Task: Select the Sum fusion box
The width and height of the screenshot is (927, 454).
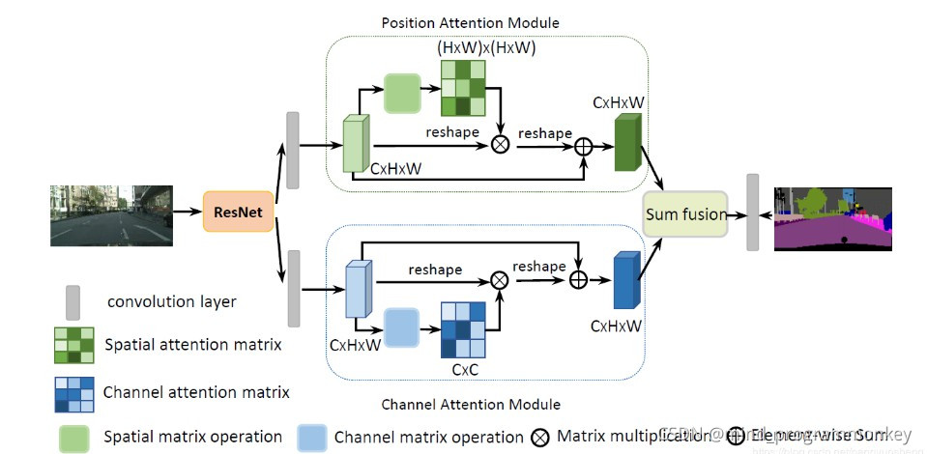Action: coord(685,213)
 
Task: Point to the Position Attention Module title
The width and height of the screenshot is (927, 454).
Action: coord(470,22)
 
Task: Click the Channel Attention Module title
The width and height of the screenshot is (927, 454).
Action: coord(470,405)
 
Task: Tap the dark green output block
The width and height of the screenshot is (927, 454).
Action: coord(627,143)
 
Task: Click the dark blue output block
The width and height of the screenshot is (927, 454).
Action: coord(625,279)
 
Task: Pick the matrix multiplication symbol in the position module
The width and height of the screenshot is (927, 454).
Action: coord(500,144)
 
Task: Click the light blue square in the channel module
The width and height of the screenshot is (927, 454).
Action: coord(400,328)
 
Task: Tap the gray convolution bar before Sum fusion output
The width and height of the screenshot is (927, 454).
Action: coord(753,213)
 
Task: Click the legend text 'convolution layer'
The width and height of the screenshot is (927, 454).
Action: coord(171,301)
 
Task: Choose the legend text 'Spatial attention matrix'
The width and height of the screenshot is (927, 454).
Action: coord(192,344)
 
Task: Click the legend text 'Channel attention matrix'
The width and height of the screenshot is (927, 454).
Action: coord(195,391)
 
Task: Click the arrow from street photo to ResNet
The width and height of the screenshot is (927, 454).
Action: coord(187,212)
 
